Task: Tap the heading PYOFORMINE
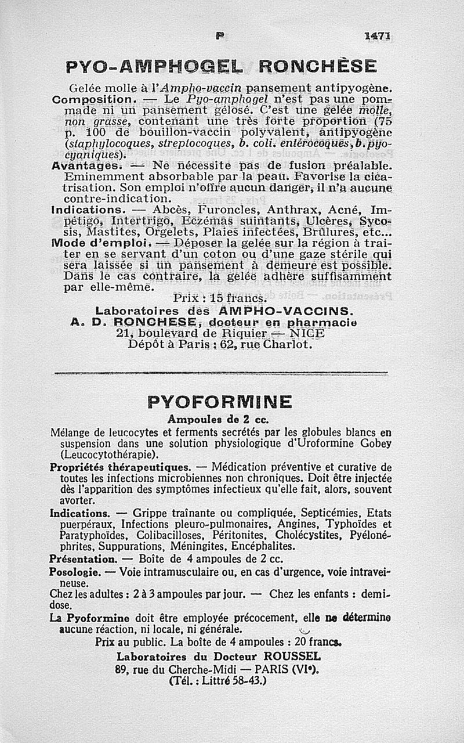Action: coord(220,402)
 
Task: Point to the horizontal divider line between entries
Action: coord(220,373)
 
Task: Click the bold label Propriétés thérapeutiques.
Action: coord(120,467)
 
